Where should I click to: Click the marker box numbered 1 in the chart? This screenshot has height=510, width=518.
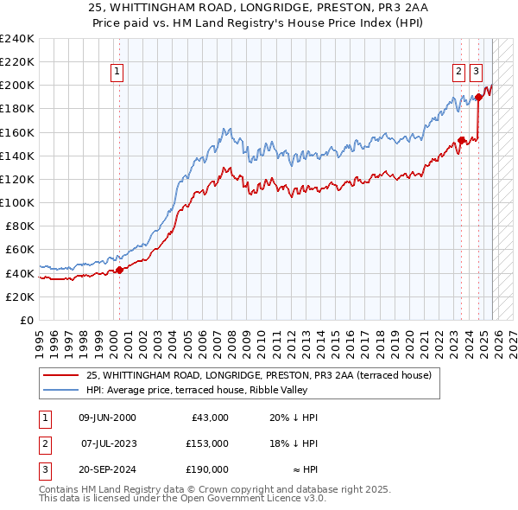click(117, 73)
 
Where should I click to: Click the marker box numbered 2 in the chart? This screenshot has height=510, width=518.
click(459, 73)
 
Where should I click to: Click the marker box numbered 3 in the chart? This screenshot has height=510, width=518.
click(477, 73)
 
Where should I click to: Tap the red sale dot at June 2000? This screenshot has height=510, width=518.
click(119, 269)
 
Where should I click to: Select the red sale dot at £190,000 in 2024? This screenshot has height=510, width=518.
click(478, 97)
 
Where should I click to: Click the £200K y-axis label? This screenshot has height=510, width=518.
click(17, 85)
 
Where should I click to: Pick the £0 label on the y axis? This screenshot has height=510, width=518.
click(26, 320)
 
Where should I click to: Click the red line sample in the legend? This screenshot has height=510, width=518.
click(60, 375)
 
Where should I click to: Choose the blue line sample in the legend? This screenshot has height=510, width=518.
click(60, 390)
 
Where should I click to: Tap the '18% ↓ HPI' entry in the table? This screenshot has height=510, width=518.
click(294, 443)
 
